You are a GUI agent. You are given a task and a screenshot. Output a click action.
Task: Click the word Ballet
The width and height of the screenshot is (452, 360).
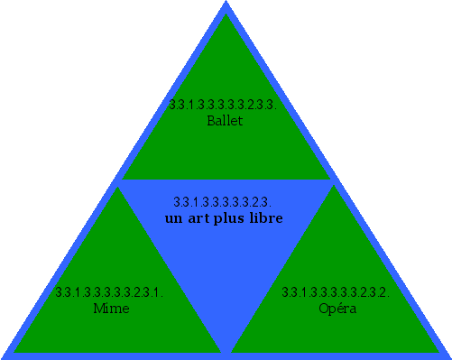coord(225,121)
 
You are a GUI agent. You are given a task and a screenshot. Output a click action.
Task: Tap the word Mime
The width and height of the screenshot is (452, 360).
coord(111,309)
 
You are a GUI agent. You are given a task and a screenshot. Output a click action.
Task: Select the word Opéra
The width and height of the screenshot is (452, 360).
coord(337,309)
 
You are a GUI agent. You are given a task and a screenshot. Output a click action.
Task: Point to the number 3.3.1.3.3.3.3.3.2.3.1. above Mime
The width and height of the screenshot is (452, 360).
coord(108,292)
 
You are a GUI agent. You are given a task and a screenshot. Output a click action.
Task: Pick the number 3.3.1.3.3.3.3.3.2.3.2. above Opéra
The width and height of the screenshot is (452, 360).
coord(336,292)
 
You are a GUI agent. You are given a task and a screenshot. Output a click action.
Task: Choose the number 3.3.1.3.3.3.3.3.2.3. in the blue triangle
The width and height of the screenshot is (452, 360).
coord(222,201)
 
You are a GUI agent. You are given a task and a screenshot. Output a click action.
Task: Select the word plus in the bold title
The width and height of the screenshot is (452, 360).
coord(232,219)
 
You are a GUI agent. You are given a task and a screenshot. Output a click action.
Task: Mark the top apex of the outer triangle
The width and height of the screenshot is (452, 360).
coord(226,3)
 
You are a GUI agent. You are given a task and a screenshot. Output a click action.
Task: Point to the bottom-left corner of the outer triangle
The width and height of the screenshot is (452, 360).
coord(3,357)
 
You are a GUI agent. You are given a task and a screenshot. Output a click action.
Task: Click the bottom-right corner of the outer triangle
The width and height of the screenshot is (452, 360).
coord(449,357)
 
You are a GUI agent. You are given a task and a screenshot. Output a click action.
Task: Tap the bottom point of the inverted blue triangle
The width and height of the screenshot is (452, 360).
coord(226,353)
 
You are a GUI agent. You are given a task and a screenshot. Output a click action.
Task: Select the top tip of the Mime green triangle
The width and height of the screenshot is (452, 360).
coord(117,187)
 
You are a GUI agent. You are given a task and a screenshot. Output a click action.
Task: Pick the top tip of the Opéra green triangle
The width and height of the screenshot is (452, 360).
coord(336,187)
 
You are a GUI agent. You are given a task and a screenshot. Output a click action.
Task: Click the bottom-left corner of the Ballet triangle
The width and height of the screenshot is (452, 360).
coord(123,180)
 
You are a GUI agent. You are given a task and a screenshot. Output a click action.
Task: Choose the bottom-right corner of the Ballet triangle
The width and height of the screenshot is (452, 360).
coord(330,180)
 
